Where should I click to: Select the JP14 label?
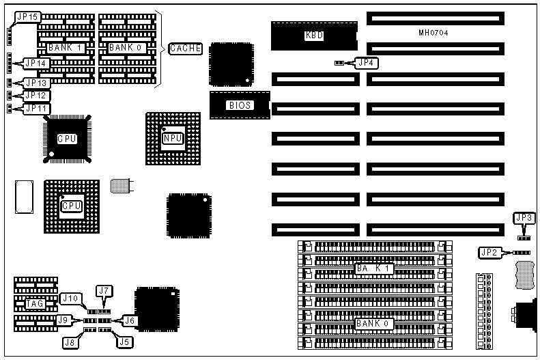tap(35, 64)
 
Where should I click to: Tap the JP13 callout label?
tap(35, 83)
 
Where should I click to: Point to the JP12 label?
tap(35, 96)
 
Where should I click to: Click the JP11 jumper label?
tap(35, 108)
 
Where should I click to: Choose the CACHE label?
tap(185, 48)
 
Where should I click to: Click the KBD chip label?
tap(315, 35)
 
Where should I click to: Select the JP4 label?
tap(367, 63)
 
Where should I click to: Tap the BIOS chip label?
tap(240, 105)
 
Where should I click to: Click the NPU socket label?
tap(172, 138)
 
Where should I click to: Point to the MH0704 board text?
tap(433, 33)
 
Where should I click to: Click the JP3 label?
tap(524, 219)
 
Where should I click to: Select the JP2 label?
tap(489, 253)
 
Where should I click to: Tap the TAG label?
tap(35, 303)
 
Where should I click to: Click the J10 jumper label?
tap(70, 299)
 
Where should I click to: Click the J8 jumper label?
tap(70, 342)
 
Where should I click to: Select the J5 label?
tap(124, 342)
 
